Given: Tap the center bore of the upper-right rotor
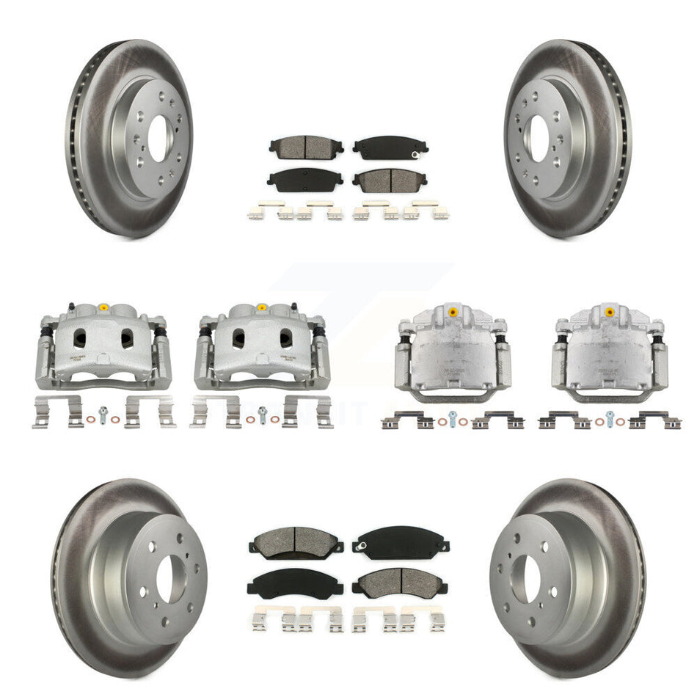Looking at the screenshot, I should (539, 134).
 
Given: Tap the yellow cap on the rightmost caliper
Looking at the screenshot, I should (609, 312).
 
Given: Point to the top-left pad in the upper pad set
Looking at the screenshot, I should (296, 146).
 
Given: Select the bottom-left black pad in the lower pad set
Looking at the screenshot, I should (285, 584).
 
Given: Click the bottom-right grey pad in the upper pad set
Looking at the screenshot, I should (390, 180).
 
